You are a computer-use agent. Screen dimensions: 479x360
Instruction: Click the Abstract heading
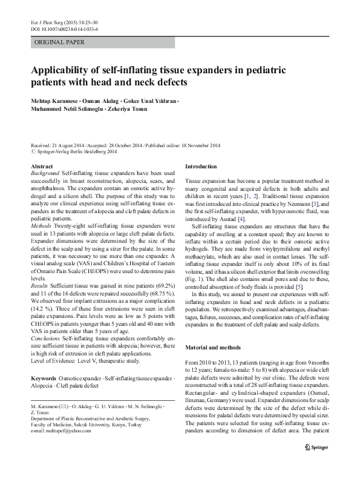[41, 166]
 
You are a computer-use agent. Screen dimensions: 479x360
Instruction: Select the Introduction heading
[201, 166]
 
